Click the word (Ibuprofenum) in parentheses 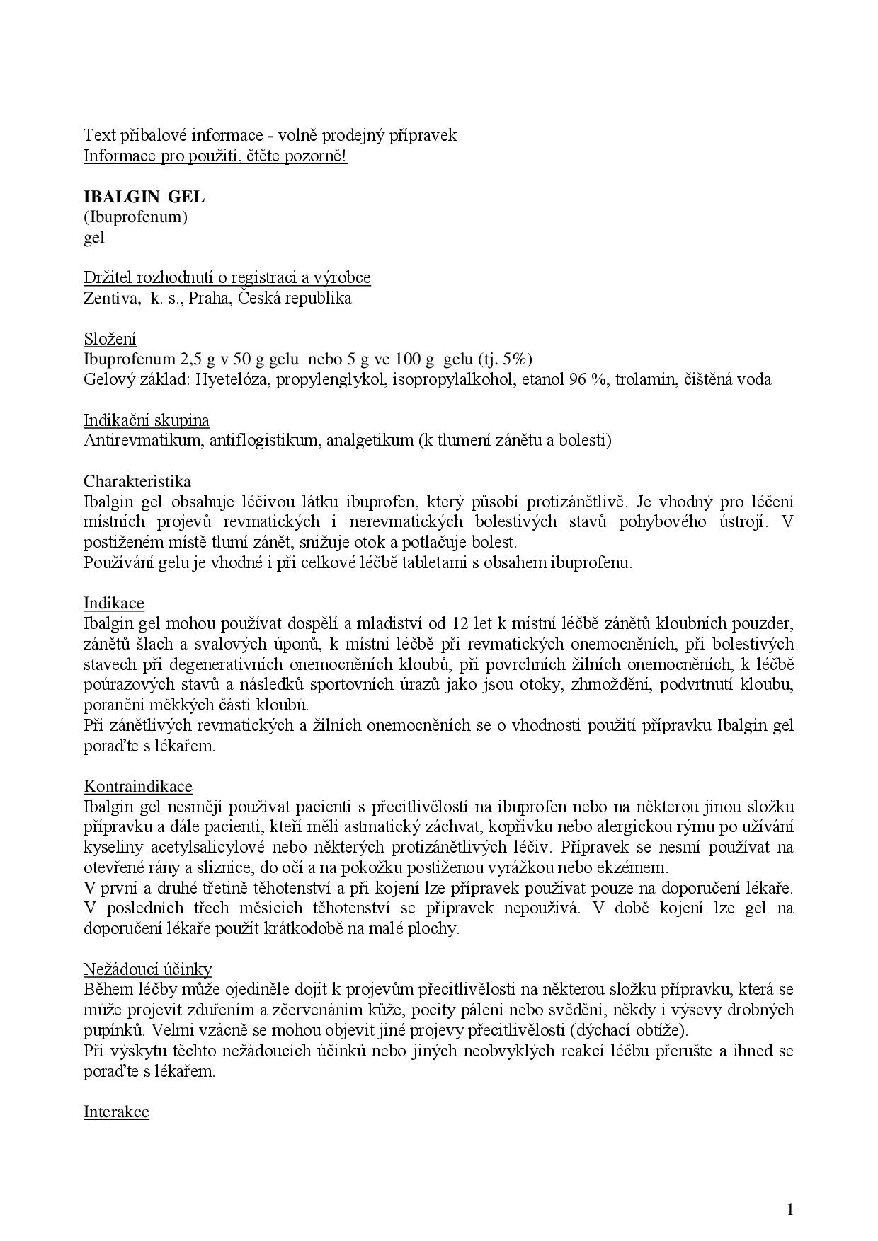click(135, 217)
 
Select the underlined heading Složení click(110, 339)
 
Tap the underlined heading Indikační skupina click(147, 420)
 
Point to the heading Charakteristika click(137, 482)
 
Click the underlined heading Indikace click(113, 604)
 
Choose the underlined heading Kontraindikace click(138, 787)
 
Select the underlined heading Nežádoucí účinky click(147, 969)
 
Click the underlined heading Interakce click(116, 1112)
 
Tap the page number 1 click(790, 1209)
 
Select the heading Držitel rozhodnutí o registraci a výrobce click(227, 277)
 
